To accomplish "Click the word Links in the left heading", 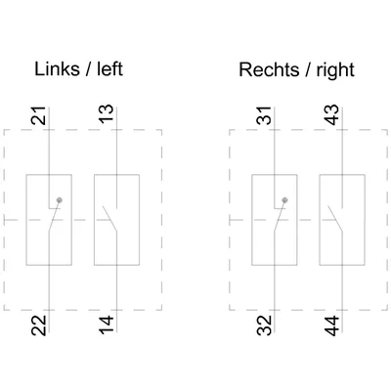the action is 57,69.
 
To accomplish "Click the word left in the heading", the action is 109,69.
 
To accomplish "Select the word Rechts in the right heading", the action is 269,69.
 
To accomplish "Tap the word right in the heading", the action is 335,71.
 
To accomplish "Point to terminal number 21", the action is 38,115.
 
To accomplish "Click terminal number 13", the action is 107,113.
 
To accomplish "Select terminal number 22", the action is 38,326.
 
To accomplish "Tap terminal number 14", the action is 107,325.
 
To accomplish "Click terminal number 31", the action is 264,115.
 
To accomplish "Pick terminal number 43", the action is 331,114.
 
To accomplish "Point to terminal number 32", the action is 264,326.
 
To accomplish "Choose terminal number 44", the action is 331,326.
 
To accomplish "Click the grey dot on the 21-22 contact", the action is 59,200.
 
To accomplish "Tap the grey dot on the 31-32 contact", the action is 284,200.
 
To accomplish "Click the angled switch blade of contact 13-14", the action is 109,219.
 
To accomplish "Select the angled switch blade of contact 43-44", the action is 335,219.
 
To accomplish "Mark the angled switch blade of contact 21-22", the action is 55,216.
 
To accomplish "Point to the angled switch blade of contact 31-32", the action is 280,216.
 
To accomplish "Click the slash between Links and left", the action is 88,69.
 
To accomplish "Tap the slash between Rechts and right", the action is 308,70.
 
